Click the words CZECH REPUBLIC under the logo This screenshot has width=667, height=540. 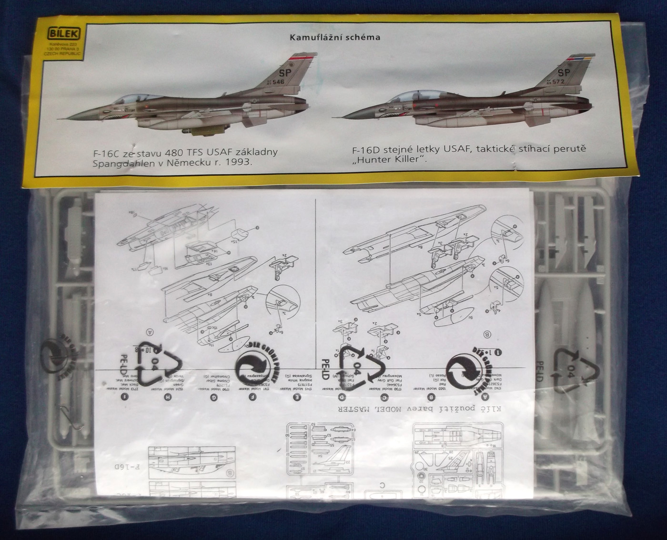[x=61, y=54]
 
